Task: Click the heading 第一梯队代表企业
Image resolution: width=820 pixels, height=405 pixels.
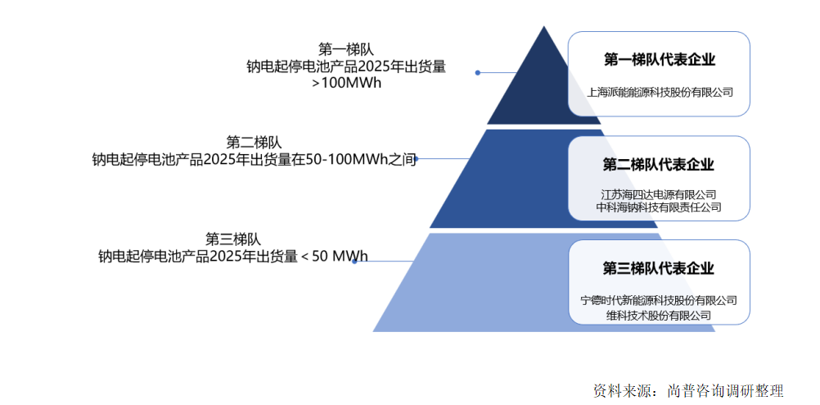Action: pyautogui.click(x=659, y=60)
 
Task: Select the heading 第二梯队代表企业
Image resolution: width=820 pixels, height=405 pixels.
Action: pyautogui.click(x=659, y=164)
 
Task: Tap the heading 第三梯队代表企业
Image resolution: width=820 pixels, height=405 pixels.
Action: pyautogui.click(x=659, y=268)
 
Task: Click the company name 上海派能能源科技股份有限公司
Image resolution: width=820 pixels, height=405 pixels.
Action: pyautogui.click(x=659, y=92)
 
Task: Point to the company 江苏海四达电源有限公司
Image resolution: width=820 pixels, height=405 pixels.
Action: pyautogui.click(x=659, y=194)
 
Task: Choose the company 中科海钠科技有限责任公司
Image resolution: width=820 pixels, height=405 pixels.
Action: pyautogui.click(x=659, y=207)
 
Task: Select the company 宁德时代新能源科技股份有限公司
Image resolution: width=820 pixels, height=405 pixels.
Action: pyautogui.click(x=659, y=300)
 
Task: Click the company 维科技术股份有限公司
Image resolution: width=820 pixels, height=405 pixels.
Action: pyautogui.click(x=659, y=315)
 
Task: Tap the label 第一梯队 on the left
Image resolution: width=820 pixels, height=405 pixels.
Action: pyautogui.click(x=346, y=49)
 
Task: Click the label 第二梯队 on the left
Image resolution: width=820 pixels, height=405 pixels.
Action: pyautogui.click(x=254, y=143)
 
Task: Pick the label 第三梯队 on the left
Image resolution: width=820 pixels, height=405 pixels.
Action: pyautogui.click(x=232, y=239)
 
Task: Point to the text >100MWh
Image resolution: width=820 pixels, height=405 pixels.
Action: pyautogui.click(x=347, y=83)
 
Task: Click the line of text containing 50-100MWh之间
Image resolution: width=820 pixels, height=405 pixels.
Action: pyautogui.click(x=254, y=159)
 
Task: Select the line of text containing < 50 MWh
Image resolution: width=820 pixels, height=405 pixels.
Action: pyautogui.click(x=232, y=257)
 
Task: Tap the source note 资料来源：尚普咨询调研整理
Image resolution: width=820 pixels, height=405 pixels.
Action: pyautogui.click(x=688, y=389)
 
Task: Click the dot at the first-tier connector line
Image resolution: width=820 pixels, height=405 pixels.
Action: pyautogui.click(x=478, y=72)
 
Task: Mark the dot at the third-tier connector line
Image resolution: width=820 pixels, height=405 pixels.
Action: pyautogui.click(x=354, y=262)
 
